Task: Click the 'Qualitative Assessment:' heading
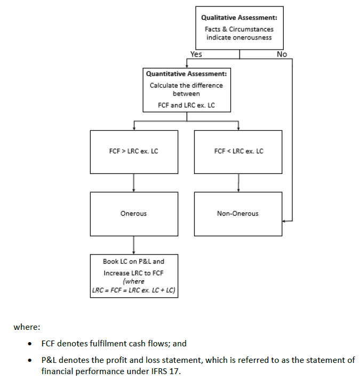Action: (238, 18)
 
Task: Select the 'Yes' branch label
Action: (196, 54)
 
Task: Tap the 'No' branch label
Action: (282, 54)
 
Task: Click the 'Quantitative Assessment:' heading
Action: (186, 74)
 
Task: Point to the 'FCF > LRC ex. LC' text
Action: (133, 151)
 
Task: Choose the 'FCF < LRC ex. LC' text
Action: (238, 151)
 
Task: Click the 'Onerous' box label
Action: (133, 213)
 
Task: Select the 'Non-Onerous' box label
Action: (238, 213)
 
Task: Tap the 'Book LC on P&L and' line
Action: (133, 262)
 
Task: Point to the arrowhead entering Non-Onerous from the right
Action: (285, 220)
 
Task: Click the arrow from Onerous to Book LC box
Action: (133, 245)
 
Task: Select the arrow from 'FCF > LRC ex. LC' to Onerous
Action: (133, 183)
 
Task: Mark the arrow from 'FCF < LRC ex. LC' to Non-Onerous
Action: (238, 183)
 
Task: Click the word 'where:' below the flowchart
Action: (24, 327)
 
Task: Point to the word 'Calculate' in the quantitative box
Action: (163, 85)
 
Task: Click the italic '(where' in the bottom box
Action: (133, 281)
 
